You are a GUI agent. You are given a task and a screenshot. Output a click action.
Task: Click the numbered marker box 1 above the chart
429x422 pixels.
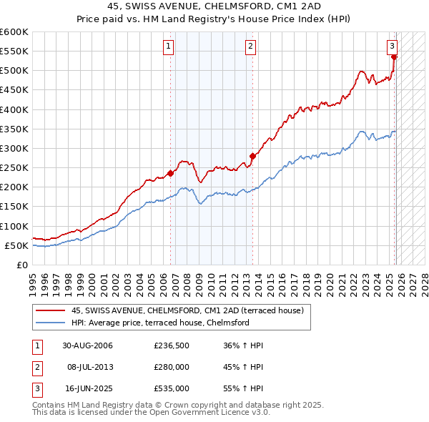click(168, 46)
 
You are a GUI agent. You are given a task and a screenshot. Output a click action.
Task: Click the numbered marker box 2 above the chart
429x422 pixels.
click(251, 46)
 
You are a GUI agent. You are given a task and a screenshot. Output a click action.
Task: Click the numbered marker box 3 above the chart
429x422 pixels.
click(393, 46)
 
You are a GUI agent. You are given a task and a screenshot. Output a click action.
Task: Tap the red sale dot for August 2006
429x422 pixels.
click(170, 173)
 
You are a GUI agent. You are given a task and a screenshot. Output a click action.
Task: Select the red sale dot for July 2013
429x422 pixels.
click(252, 156)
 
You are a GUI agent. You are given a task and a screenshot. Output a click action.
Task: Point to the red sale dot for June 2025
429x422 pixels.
click(394, 57)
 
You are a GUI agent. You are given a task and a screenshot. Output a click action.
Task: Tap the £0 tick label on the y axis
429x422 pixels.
click(21, 265)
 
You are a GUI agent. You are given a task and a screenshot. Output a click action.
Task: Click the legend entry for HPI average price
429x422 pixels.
click(159, 323)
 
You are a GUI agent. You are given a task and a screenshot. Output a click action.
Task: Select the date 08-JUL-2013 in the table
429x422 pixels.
click(89, 367)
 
